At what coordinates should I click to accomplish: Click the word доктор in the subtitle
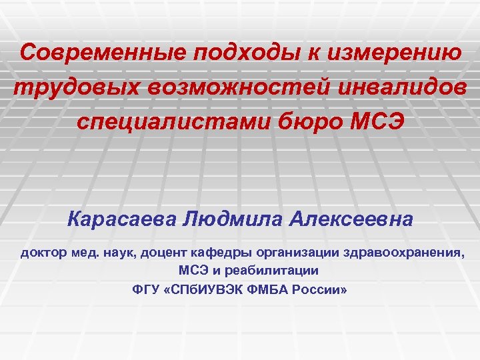pyautogui.click(x=42, y=253)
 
